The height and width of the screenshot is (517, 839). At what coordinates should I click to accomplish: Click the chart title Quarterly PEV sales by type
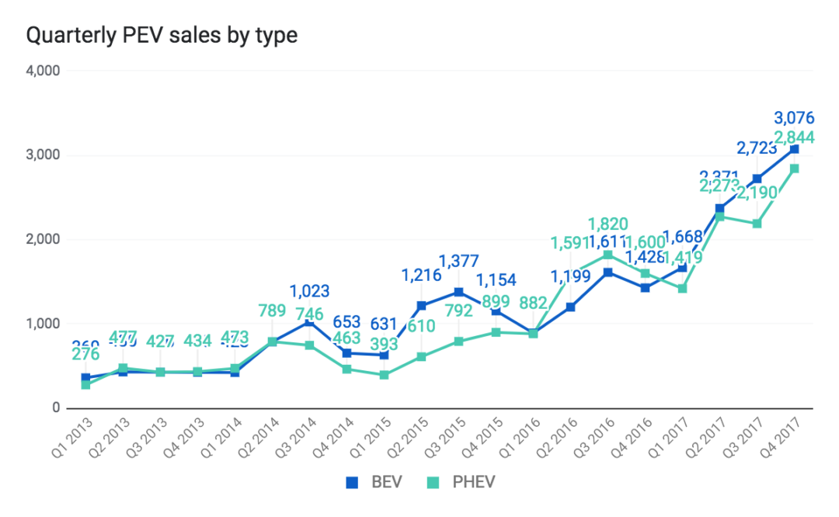tap(162, 36)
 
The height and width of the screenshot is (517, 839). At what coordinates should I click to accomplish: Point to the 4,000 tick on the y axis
tap(43, 71)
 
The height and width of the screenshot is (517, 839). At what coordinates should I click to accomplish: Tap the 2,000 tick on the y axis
tap(43, 239)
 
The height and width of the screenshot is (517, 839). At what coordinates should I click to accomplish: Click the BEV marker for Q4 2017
tap(794, 149)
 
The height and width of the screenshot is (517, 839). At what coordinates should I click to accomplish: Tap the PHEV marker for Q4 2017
tap(794, 168)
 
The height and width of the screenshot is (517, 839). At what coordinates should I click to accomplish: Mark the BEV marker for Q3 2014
tap(309, 321)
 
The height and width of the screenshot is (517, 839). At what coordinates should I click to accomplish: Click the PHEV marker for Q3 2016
tap(607, 255)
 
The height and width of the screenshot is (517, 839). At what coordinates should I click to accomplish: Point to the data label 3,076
tap(794, 119)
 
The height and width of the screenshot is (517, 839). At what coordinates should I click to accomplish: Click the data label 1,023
tap(309, 292)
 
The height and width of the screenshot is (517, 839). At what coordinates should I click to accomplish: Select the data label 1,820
tap(607, 225)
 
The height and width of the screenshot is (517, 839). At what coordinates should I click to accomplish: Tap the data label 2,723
tap(758, 147)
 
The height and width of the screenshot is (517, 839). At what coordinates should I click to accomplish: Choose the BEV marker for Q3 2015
tap(458, 292)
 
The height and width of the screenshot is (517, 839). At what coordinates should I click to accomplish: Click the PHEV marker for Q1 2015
tap(384, 375)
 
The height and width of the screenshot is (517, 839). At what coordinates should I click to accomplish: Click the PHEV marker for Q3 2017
tap(757, 224)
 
